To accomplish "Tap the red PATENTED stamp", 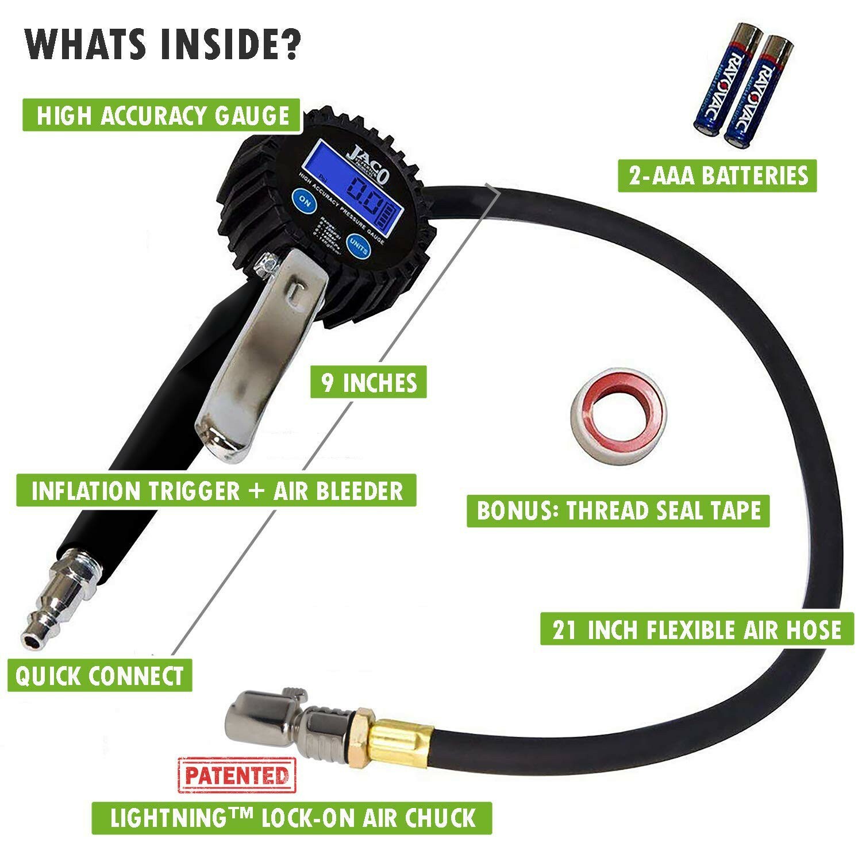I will pyautogui.click(x=237, y=775).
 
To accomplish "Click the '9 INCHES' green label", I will pyautogui.click(x=368, y=382).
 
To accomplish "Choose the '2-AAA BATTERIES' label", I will pyautogui.click(x=717, y=175).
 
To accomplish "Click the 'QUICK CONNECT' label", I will pyautogui.click(x=99, y=676).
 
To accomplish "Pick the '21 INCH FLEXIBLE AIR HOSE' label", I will pyautogui.click(x=696, y=629).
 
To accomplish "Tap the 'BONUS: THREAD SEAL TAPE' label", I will pyautogui.click(x=618, y=510).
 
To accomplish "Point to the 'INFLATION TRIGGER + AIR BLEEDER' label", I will pyautogui.click(x=217, y=490).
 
